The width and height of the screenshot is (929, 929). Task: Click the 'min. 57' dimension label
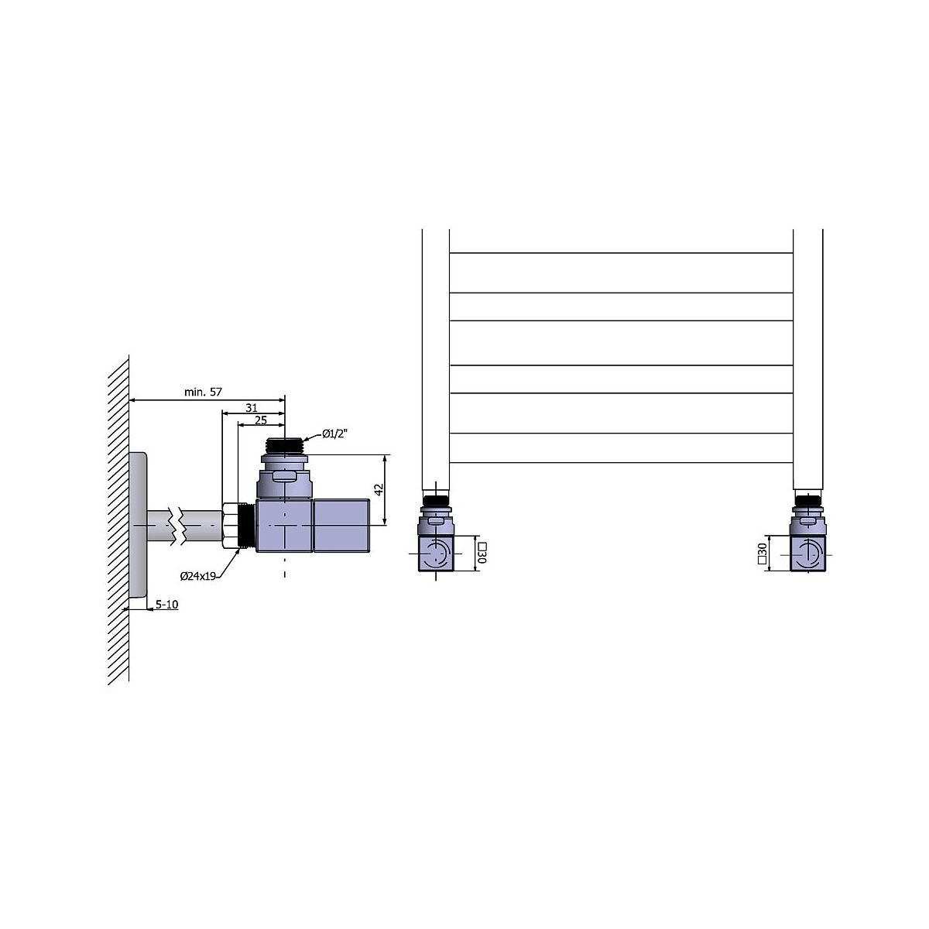pyautogui.click(x=203, y=392)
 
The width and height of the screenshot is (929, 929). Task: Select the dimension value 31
pyautogui.click(x=251, y=408)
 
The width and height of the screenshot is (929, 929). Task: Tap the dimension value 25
pyautogui.click(x=261, y=420)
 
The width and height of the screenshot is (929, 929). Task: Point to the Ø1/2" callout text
pyautogui.click(x=334, y=434)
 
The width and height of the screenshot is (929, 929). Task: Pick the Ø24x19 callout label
pyautogui.click(x=197, y=576)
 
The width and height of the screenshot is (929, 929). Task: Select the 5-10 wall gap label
pyautogui.click(x=166, y=605)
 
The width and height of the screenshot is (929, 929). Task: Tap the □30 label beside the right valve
pyautogui.click(x=763, y=554)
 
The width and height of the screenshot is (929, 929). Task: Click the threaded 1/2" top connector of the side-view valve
pyautogui.click(x=284, y=445)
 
